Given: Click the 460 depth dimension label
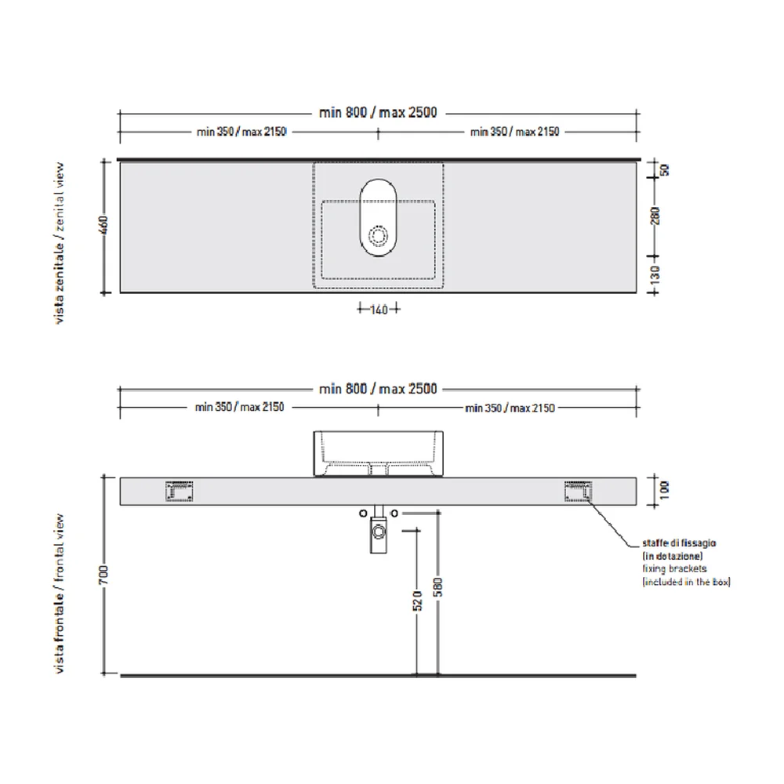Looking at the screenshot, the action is [104, 225].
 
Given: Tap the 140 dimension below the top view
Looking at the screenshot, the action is [379, 310].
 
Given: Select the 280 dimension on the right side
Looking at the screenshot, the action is [655, 216].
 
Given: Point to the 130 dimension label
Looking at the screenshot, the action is [655, 274].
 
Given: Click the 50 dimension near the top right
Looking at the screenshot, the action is [665, 170].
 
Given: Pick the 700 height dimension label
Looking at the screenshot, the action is [103, 575].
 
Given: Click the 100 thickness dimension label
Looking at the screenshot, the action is [664, 490].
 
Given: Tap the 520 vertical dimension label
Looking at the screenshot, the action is [418, 601].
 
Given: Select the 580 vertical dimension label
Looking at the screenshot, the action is [438, 587].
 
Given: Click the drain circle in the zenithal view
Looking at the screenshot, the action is [378, 235].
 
